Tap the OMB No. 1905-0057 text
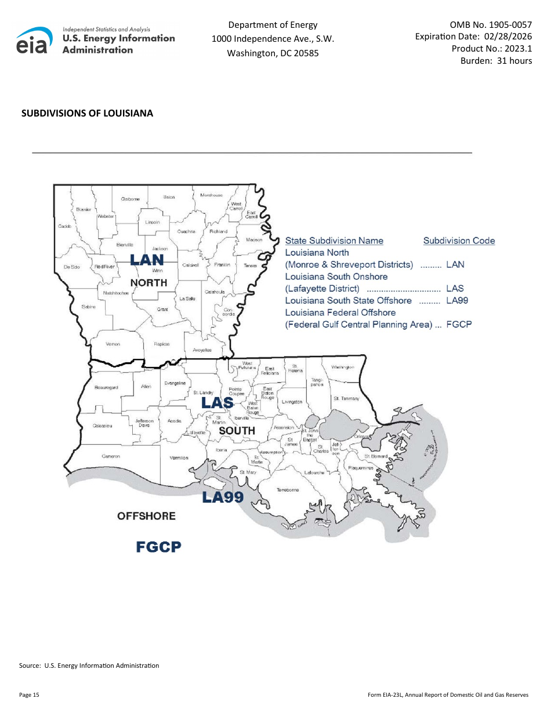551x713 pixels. [491, 24]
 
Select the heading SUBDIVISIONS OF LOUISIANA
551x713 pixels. [88, 113]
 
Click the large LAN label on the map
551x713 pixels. [147, 260]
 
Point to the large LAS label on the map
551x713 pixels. [217, 403]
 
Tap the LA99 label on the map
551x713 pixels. [222, 497]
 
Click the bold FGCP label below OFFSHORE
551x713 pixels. [158, 547]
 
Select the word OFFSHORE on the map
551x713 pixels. [146, 516]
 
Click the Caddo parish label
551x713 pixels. [65, 227]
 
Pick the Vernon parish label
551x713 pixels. [113, 344]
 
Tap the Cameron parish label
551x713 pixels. [111, 456]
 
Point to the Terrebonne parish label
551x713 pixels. [288, 490]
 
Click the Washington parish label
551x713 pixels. [343, 367]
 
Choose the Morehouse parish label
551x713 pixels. [212, 195]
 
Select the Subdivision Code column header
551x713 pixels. [459, 241]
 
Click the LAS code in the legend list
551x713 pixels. [455, 289]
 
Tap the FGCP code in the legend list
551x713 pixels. [459, 325]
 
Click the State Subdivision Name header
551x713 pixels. [334, 241]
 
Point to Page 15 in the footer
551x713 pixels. [29, 694]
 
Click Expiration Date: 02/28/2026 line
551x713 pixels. [473, 37]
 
